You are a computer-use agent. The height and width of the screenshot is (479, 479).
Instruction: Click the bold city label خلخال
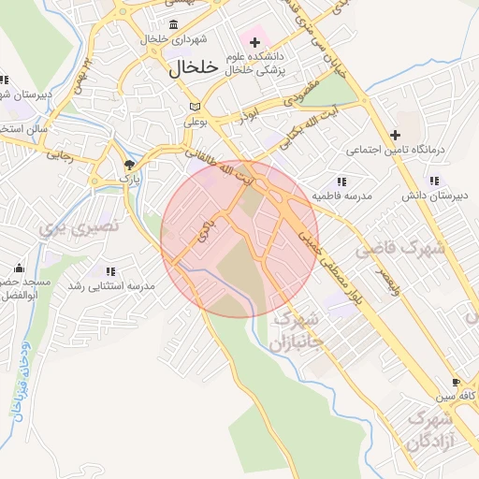tap(194, 68)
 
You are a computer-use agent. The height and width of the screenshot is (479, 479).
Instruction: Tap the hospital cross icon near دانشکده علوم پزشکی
tap(254, 42)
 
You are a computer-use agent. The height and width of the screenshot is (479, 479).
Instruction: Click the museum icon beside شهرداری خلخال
tap(173, 24)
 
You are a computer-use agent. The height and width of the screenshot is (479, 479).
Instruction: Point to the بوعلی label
tap(194, 120)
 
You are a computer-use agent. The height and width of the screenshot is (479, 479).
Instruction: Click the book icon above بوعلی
tap(194, 106)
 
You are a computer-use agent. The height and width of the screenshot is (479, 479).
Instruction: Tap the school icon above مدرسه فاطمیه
tap(341, 181)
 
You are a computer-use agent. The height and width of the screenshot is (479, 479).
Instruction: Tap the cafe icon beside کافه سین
tap(456, 383)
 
